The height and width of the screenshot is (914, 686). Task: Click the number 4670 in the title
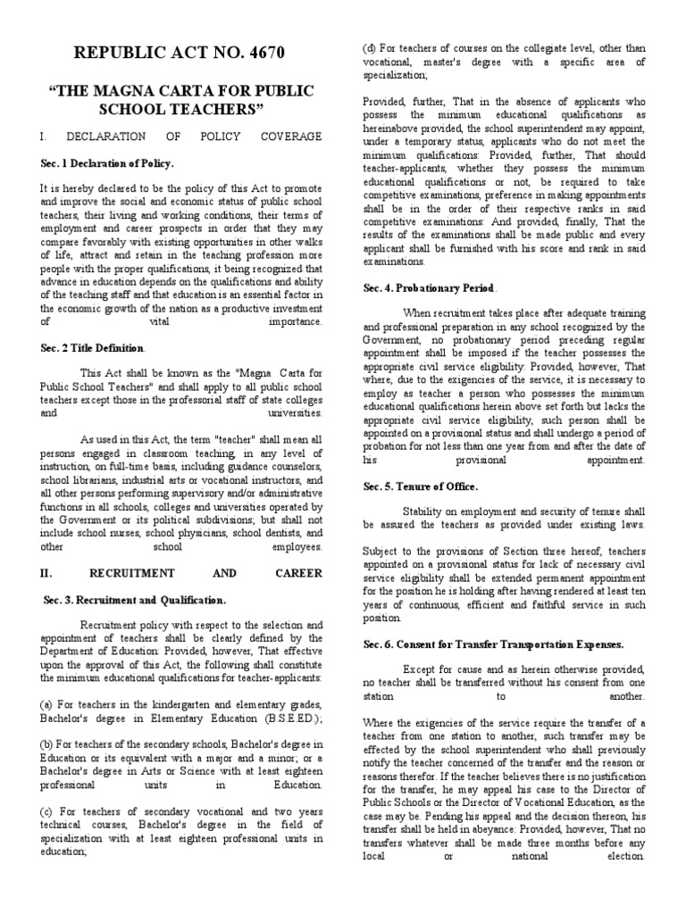pos(258,54)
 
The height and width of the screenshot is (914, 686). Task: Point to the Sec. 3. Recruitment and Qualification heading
pos(135,599)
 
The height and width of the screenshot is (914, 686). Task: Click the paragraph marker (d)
pos(369,47)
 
